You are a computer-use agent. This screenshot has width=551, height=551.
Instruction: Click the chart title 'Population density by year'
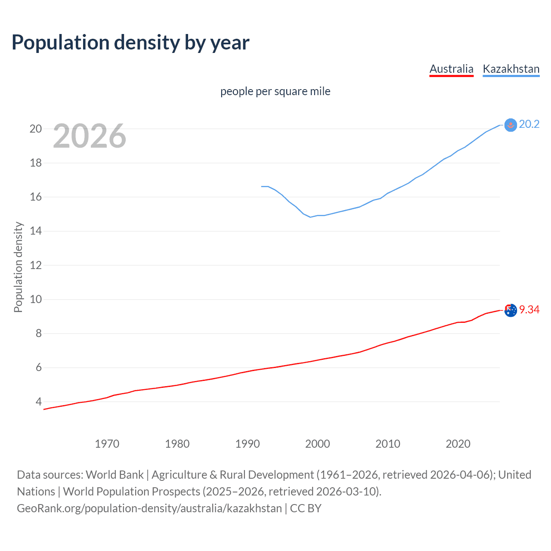click(x=130, y=43)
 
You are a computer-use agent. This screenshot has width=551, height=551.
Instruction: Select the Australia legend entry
click(x=451, y=69)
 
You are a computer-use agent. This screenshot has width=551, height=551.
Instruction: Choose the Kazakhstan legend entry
click(x=511, y=69)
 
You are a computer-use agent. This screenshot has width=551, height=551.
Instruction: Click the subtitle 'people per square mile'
click(x=275, y=91)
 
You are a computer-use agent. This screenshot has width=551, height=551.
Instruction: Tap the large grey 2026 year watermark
click(x=90, y=136)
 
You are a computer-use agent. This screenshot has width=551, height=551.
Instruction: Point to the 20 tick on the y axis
click(x=36, y=129)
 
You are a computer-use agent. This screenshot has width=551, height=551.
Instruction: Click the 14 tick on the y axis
click(x=36, y=231)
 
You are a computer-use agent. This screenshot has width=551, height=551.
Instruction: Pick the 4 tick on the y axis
click(x=39, y=402)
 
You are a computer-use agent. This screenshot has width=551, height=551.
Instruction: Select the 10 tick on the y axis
click(x=36, y=299)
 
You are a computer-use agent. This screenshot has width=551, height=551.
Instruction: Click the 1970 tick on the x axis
click(x=107, y=444)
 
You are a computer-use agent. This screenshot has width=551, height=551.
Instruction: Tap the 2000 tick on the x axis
click(x=317, y=444)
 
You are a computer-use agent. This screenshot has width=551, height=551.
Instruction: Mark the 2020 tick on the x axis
click(x=458, y=444)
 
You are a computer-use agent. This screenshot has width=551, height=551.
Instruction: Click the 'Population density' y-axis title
click(x=18, y=267)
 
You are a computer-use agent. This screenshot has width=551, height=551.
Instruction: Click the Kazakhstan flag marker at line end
click(x=510, y=125)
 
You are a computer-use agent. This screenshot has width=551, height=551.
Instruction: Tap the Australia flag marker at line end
click(x=511, y=310)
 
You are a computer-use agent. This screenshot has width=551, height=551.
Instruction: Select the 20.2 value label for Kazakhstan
click(x=529, y=124)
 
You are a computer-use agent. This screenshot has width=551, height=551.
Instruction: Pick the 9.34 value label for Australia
click(x=529, y=310)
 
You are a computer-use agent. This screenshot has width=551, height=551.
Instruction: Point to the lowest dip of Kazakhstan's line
click(x=310, y=217)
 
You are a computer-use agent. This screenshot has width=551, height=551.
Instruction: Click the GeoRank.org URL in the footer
click(x=149, y=508)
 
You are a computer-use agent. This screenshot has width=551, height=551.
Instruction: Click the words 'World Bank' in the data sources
click(x=115, y=475)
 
